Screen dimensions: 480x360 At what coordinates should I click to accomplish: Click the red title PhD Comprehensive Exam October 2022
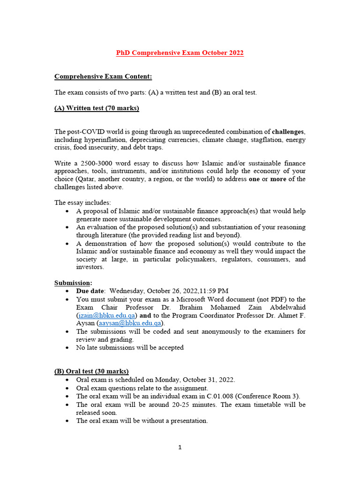point(180,53)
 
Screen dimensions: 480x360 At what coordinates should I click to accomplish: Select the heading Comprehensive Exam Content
point(103,76)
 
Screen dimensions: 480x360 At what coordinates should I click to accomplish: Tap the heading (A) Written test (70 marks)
point(97,108)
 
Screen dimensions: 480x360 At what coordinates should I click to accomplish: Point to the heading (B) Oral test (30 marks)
point(91,371)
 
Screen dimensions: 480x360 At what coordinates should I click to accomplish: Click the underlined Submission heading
point(73,283)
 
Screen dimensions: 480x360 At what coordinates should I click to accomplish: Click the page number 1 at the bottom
point(180,447)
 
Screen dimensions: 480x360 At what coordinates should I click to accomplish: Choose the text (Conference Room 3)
point(261,396)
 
